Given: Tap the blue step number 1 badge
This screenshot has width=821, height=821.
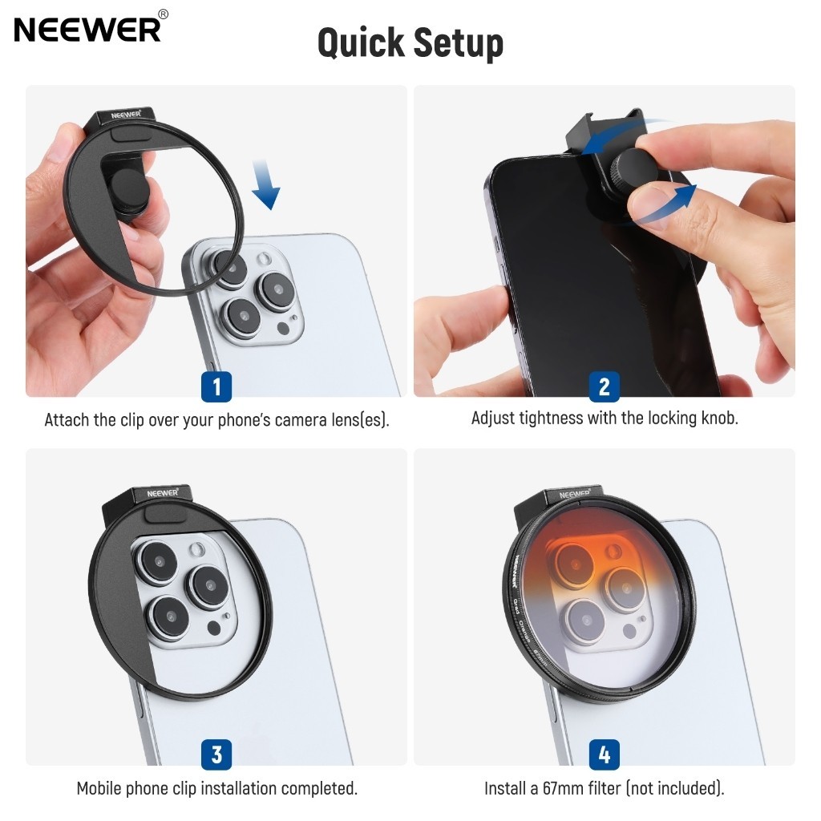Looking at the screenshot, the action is pos(216,387).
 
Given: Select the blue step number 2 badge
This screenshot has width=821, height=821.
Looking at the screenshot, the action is pos(605,387).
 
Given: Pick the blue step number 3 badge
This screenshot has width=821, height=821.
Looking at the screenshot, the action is pos(216,754).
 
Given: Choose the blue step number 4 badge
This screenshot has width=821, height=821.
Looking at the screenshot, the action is pos(605,754).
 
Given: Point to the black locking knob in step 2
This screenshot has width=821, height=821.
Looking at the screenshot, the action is pos(633,168).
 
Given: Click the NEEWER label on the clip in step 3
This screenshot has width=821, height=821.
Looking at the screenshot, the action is pos(162,493).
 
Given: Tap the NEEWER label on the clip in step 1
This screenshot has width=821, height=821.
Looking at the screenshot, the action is pos(126,115).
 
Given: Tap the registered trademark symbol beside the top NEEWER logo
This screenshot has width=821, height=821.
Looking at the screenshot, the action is pos(164,14).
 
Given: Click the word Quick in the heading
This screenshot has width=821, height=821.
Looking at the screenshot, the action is pos(361,43).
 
